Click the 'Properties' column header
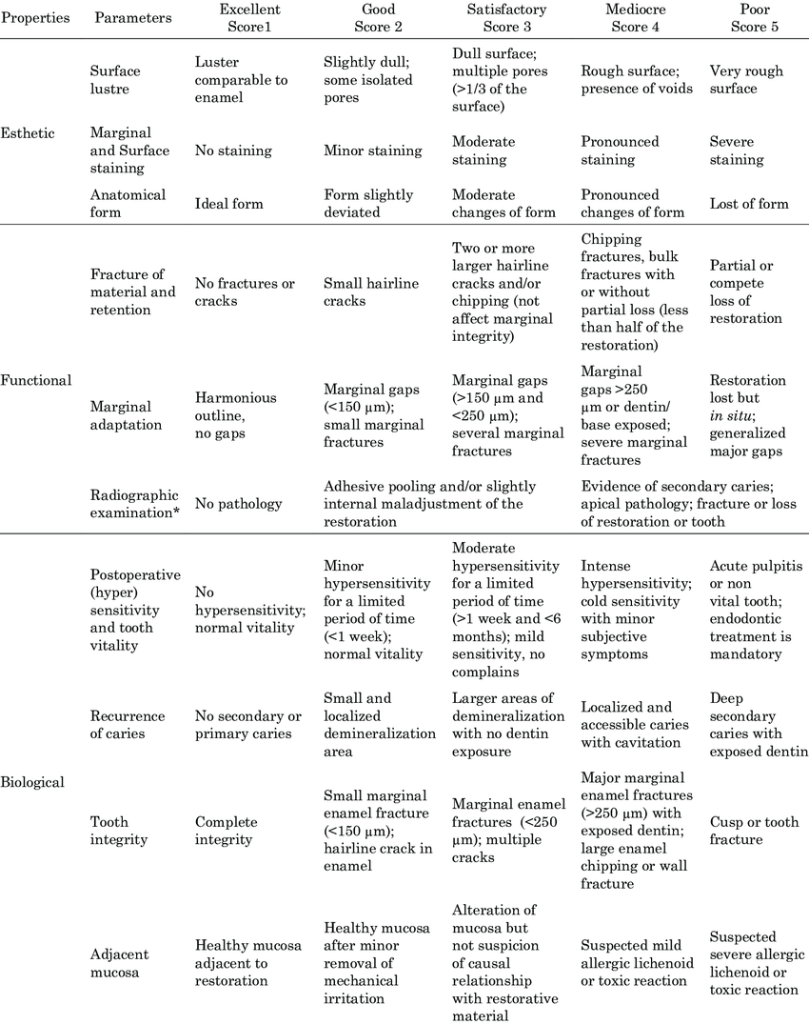point(35,18)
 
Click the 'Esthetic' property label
point(30,133)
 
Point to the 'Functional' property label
point(35,380)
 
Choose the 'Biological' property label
point(33,782)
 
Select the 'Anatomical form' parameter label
point(128,203)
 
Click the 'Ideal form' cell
point(228,204)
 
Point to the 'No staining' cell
point(233,151)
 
